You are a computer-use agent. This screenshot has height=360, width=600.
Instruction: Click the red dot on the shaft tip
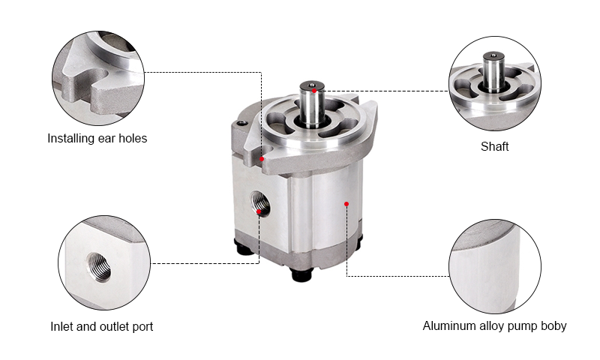pos(314,91)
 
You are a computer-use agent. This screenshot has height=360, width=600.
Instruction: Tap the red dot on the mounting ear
pos(262,159)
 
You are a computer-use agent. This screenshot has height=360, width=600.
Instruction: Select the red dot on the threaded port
pos(259,211)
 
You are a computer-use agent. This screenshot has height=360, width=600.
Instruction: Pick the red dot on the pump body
pos(346,204)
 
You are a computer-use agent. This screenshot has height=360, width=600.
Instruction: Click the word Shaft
pos(494,146)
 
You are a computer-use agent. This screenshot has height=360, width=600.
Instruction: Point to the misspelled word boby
pos(553,326)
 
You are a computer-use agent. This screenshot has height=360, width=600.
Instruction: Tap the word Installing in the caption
pos(71,138)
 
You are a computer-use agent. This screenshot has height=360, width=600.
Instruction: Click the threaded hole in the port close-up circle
pos(99,266)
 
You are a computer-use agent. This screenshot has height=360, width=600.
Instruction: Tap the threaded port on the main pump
pos(260,202)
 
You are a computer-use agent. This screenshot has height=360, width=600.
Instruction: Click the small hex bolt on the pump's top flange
pos(241,123)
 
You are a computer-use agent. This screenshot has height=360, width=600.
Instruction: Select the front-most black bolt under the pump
pos(301,274)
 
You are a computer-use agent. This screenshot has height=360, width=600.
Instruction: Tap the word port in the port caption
pos(142,327)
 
